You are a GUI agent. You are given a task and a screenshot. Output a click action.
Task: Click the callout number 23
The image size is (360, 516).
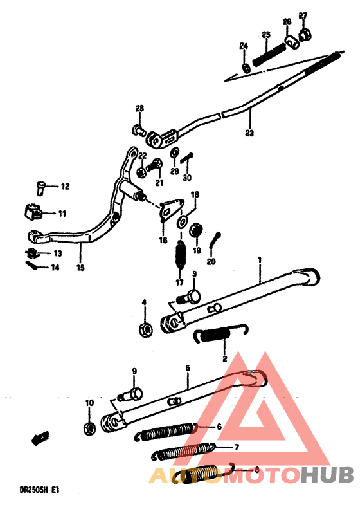(x=249, y=134)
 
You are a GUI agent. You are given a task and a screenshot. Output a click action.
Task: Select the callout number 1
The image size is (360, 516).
(x=260, y=261)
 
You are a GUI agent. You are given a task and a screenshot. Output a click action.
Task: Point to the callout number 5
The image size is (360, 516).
(x=188, y=369)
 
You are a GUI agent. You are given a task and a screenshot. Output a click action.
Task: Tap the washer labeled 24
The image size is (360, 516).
(x=245, y=67)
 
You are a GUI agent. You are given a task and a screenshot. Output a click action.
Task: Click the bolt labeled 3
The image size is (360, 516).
(x=191, y=297)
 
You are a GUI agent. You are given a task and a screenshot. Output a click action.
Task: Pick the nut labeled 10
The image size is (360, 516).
(x=89, y=427)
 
